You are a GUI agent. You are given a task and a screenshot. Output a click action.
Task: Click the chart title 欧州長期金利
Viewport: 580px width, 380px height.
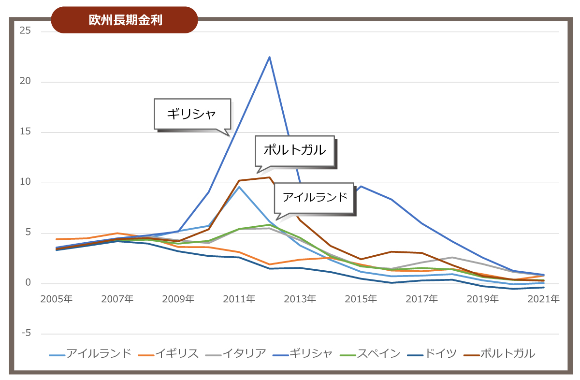point(125,20)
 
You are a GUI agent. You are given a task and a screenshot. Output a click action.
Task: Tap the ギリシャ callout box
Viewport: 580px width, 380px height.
point(191,114)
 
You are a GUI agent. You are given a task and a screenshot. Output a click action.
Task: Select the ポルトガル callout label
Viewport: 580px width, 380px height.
point(294,150)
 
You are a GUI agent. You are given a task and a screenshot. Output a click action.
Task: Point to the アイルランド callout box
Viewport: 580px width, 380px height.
point(315,197)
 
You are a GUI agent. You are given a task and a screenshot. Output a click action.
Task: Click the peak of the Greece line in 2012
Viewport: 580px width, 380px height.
point(269,57)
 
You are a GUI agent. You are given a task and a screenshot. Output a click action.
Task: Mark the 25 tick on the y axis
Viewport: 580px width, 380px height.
point(25,31)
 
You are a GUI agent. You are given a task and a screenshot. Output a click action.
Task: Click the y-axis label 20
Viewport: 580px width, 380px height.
point(25,82)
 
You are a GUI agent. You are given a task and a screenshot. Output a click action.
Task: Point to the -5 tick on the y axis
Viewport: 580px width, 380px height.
point(25,334)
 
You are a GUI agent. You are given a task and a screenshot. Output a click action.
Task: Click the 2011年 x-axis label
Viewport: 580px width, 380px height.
point(239,299)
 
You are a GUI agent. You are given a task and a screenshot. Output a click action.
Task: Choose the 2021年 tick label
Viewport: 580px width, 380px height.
point(543,299)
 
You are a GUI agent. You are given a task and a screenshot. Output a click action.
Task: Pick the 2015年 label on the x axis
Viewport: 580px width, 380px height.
point(361,299)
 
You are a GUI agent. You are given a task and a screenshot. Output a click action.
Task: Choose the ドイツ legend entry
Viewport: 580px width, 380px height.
point(440,354)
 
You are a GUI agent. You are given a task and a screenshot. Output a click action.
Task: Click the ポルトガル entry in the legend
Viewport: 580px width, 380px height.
point(508,354)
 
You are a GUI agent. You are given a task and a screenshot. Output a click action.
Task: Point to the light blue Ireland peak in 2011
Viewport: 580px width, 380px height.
point(239,187)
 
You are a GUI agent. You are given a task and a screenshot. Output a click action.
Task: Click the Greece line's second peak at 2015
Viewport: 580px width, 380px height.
point(361,186)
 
